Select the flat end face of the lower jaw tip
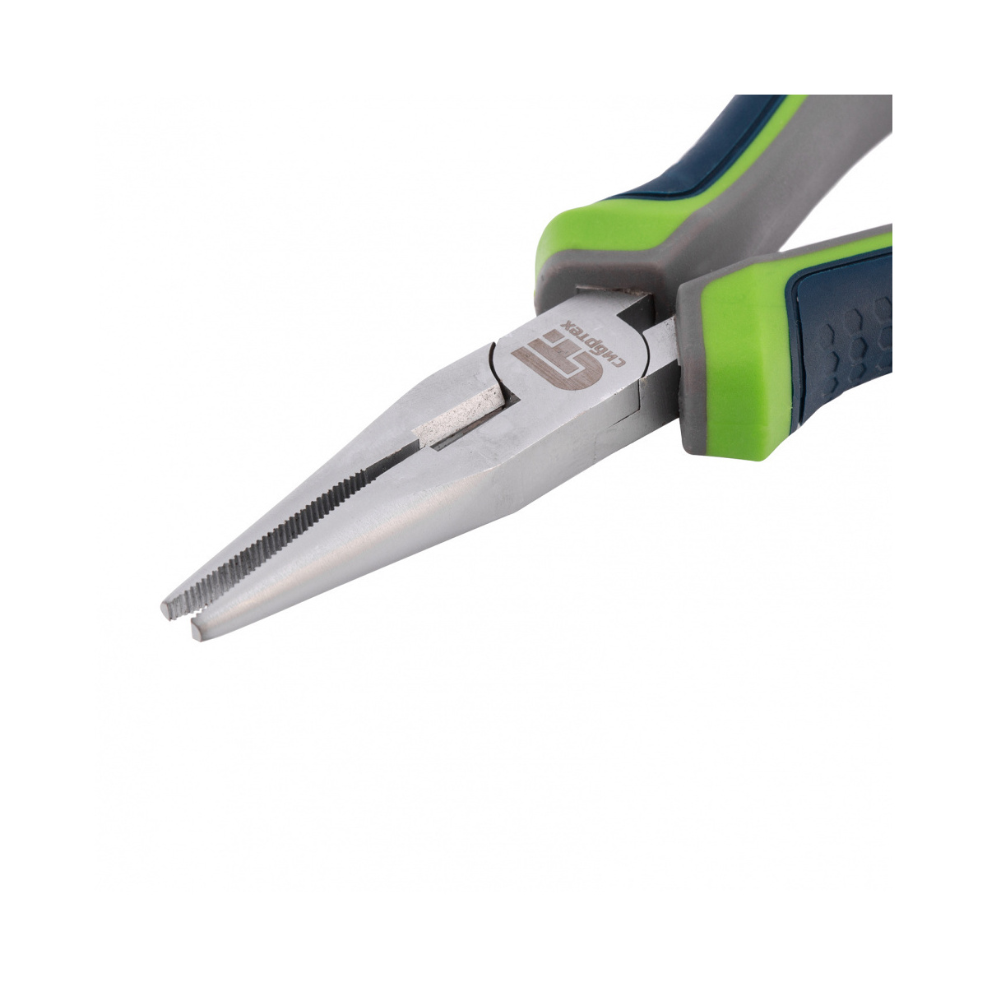197,630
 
